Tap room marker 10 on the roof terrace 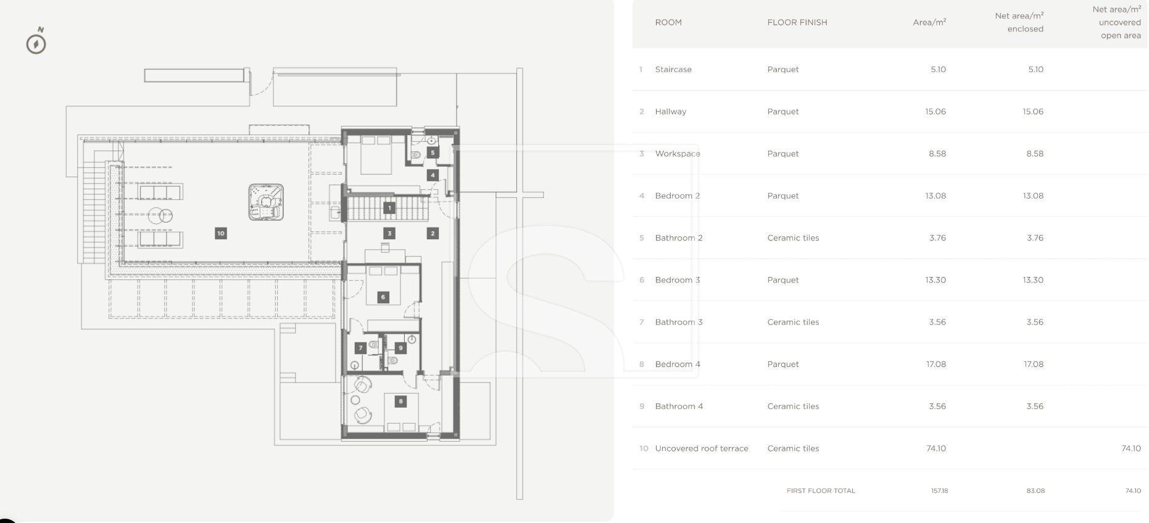click(221, 233)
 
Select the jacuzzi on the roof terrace click(266, 202)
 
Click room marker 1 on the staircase click(389, 208)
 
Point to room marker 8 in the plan click(400, 402)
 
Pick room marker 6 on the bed click(383, 297)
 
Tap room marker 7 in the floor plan click(361, 348)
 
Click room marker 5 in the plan click(433, 152)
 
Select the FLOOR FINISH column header click(797, 22)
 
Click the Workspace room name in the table click(678, 154)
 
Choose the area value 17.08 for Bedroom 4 click(936, 364)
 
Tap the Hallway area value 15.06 click(935, 112)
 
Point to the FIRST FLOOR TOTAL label click(821, 491)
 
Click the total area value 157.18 click(939, 491)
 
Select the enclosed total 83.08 click(1035, 491)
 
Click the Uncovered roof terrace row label click(702, 448)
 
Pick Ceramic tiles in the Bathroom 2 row click(793, 238)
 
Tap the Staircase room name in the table click(673, 70)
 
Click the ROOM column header click(668, 22)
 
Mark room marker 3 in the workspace click(389, 233)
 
